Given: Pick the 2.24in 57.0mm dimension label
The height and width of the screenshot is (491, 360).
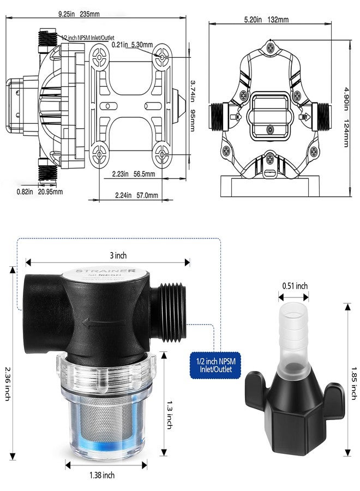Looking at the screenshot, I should (x=136, y=195).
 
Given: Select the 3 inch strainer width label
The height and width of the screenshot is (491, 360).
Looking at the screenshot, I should (x=107, y=255).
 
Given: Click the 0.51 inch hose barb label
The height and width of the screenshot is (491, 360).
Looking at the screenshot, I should (x=295, y=286).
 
